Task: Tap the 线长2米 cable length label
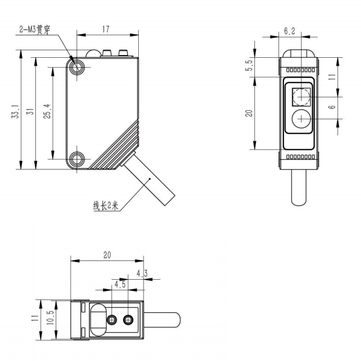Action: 105,206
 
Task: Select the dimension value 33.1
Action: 15,111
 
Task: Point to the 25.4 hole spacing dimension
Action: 47,111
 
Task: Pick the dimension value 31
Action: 31,111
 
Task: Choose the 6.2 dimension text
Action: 289,31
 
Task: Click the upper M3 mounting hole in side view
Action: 78,66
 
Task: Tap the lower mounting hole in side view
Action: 78,158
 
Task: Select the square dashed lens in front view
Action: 300,97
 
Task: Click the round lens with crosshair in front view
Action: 300,119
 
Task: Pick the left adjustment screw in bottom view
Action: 112,320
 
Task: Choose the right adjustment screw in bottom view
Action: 127,320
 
